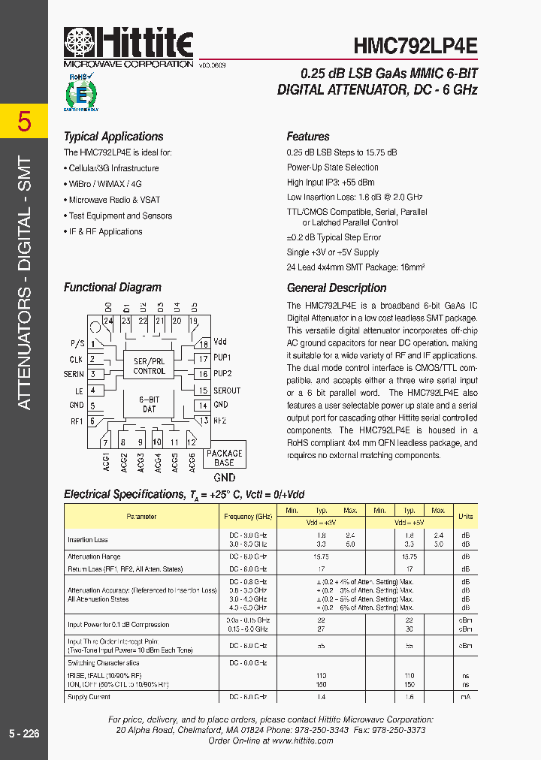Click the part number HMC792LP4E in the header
point(415,44)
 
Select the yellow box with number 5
point(24,121)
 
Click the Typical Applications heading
point(113,137)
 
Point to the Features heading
point(308,137)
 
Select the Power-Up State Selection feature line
point(332,167)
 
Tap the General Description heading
point(337,288)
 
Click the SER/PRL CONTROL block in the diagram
point(149,366)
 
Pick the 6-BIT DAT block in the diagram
point(149,404)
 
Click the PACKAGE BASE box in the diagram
point(224,457)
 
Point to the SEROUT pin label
point(227,391)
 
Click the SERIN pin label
point(74,374)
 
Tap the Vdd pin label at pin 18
point(220,342)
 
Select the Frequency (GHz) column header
point(248,517)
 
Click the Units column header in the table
point(466,517)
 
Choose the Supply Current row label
point(89,697)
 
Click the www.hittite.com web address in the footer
point(303,740)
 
